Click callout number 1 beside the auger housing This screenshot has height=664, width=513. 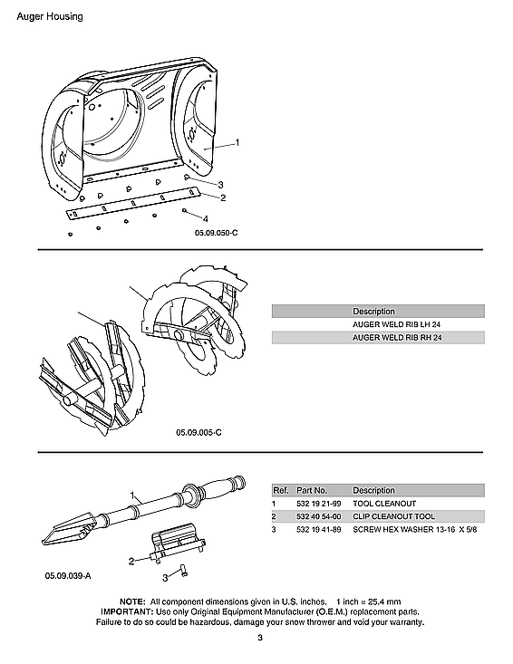pyautogui.click(x=237, y=142)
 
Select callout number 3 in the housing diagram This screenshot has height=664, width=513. pyautogui.click(x=220, y=185)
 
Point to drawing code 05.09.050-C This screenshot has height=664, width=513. pyautogui.click(x=216, y=234)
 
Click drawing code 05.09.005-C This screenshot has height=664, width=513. pyautogui.click(x=198, y=432)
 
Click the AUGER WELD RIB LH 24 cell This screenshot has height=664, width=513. pyautogui.click(x=389, y=324)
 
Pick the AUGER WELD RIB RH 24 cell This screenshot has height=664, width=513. pyautogui.click(x=390, y=338)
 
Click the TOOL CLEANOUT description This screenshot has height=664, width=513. pyautogui.click(x=385, y=503)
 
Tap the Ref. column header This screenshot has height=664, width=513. pyautogui.click(x=280, y=490)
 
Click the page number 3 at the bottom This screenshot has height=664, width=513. pyautogui.click(x=258, y=640)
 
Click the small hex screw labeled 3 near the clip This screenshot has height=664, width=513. pyautogui.click(x=180, y=570)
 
